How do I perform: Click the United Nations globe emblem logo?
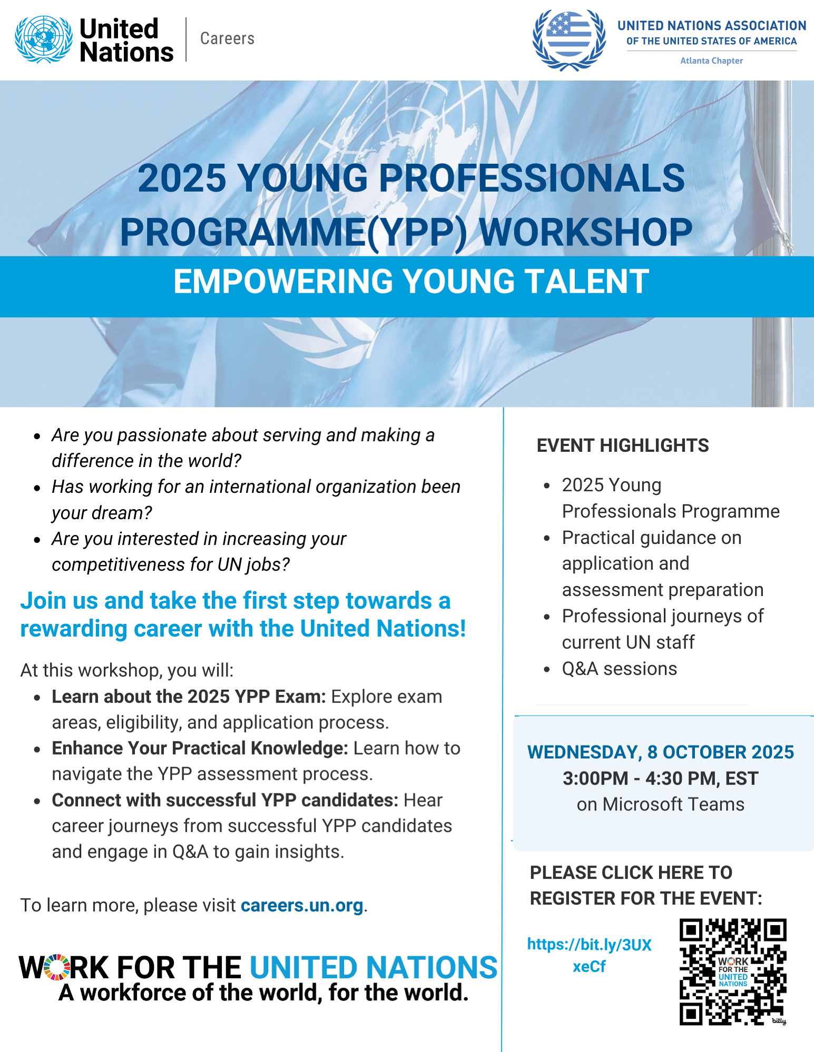coord(44,39)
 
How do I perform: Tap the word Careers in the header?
coord(227,38)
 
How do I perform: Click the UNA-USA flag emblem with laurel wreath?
coord(569,41)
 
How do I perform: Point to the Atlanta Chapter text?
coord(711,61)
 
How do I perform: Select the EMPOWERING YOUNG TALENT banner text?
coord(411,281)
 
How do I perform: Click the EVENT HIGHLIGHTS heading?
coord(623,445)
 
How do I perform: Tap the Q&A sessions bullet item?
coord(620,669)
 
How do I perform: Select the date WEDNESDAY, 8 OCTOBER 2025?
coord(661,752)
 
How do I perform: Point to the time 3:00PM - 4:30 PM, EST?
coord(661,778)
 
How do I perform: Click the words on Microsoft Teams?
coord(661,804)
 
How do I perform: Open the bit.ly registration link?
coord(590,955)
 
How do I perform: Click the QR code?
coord(733,972)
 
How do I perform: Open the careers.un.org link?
coord(302,905)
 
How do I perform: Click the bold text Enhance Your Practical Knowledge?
coord(200,748)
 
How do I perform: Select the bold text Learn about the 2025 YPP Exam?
coord(189,697)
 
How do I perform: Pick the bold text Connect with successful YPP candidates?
coord(225,800)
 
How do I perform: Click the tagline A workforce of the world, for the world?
coord(263,993)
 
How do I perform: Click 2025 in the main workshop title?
coord(182,178)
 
